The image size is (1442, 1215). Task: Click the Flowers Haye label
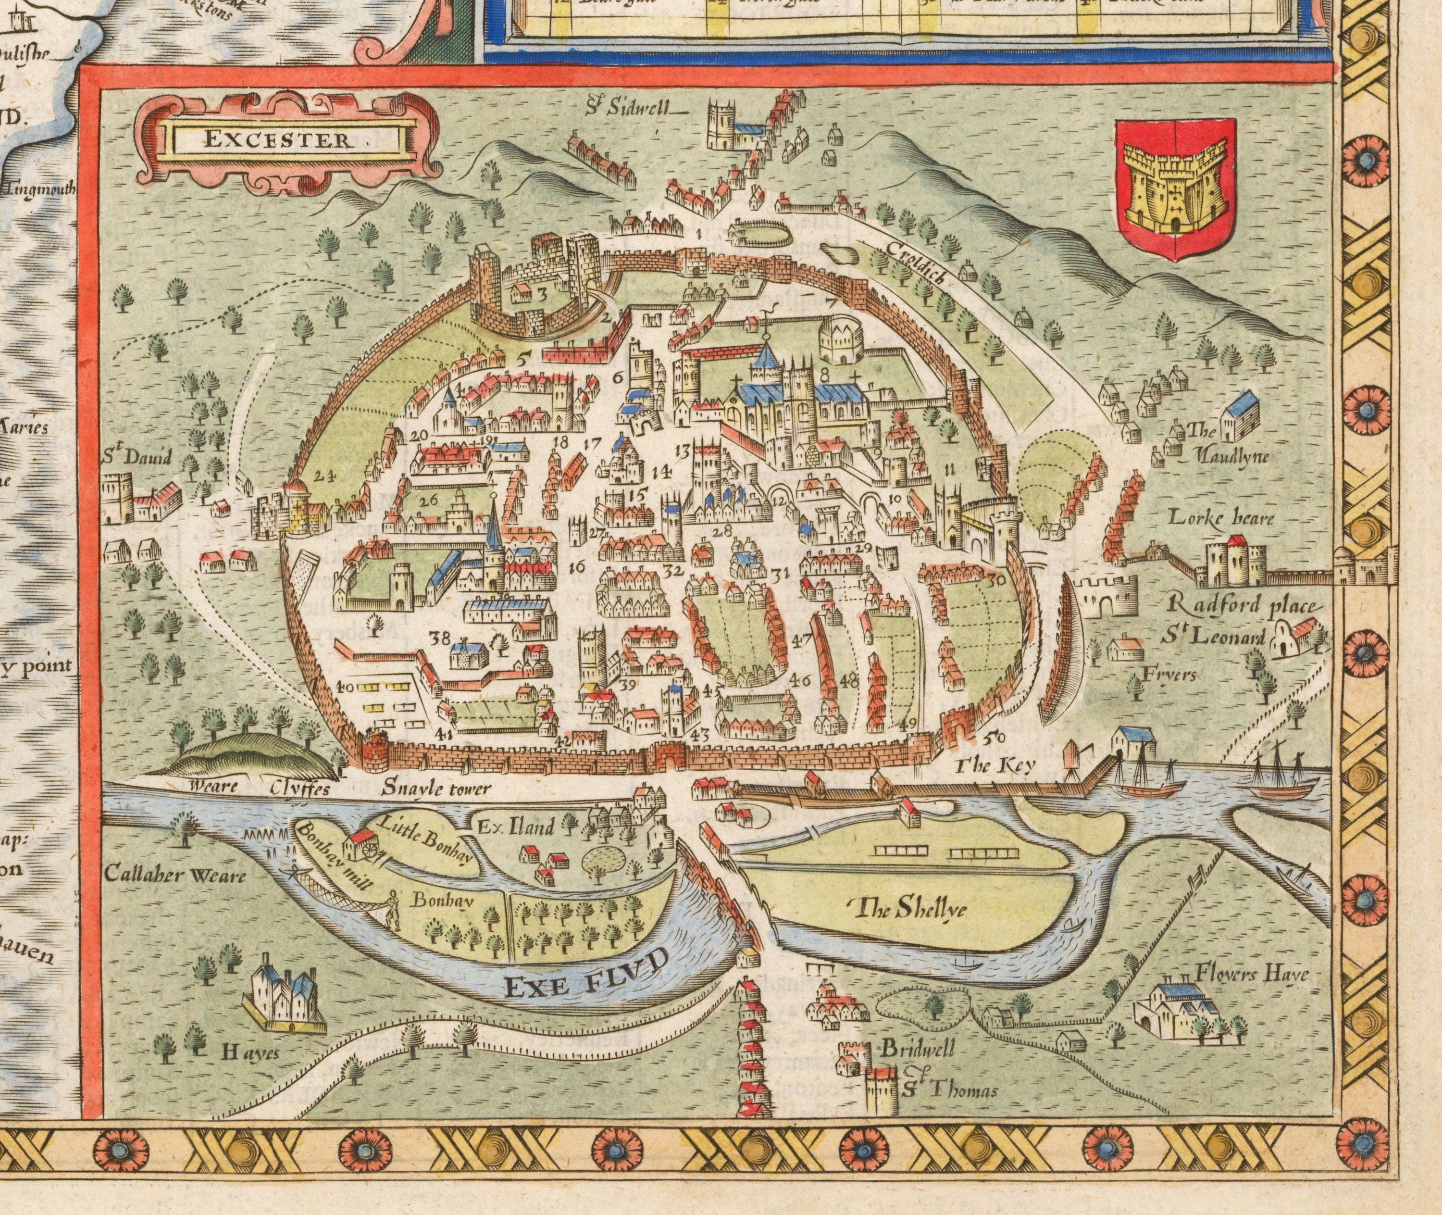coord(1251,975)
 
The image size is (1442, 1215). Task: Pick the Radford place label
coord(1243,606)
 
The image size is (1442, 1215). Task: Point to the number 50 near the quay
coord(995,738)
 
